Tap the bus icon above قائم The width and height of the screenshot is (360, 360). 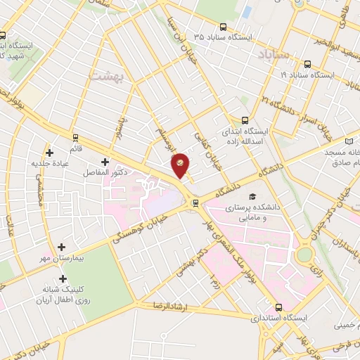[75, 136]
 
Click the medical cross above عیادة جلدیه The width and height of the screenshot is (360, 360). [49, 153]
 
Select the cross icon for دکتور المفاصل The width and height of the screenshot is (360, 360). [104, 162]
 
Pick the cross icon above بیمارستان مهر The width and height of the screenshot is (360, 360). [63, 247]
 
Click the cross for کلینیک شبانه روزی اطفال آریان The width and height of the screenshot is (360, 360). [63, 279]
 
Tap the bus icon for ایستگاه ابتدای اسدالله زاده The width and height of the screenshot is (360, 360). [245, 120]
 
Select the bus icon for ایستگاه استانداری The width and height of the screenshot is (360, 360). [280, 307]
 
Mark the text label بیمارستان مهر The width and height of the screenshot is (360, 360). [79, 258]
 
